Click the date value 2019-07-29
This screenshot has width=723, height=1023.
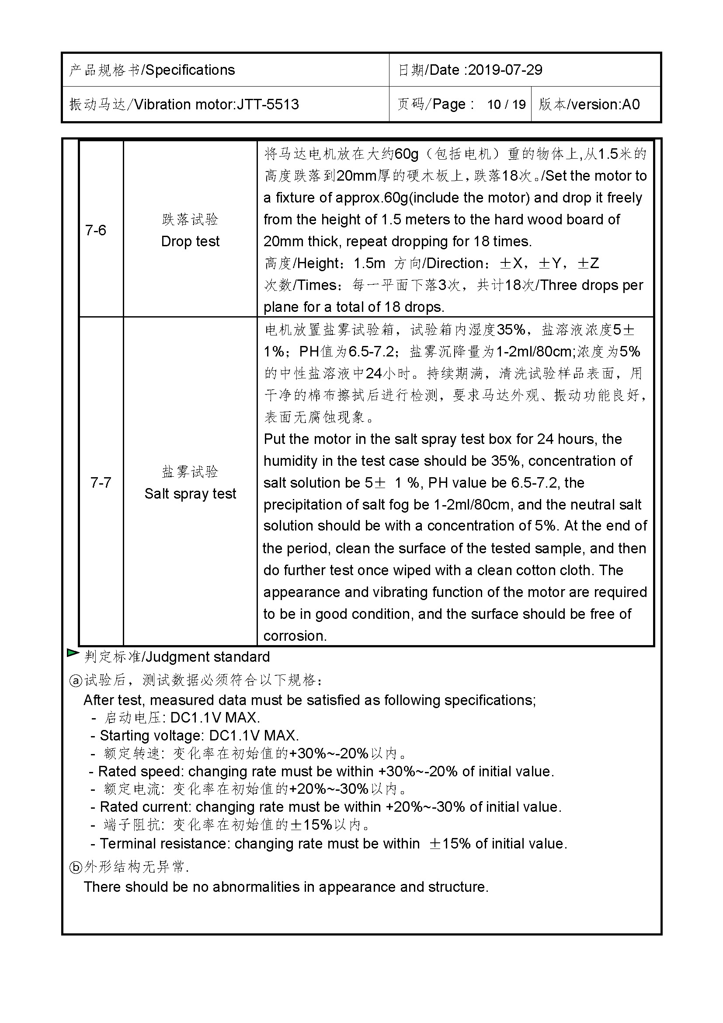(x=505, y=70)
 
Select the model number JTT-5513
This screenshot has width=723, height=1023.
(x=268, y=104)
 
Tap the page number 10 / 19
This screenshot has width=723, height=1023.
(x=506, y=105)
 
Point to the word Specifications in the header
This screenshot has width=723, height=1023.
(x=190, y=70)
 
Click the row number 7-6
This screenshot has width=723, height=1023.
(x=96, y=230)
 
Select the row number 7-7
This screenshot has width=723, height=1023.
(x=101, y=482)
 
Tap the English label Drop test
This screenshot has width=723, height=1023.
(x=190, y=241)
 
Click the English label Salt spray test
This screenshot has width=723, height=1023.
(x=190, y=494)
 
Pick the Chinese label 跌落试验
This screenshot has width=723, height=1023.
(x=190, y=219)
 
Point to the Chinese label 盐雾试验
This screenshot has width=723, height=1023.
(x=190, y=471)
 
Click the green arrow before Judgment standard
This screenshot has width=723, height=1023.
(x=73, y=653)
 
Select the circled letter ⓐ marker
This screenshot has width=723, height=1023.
(x=76, y=681)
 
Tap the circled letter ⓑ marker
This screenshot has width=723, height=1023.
(x=76, y=867)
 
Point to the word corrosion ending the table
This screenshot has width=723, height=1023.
(x=295, y=636)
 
